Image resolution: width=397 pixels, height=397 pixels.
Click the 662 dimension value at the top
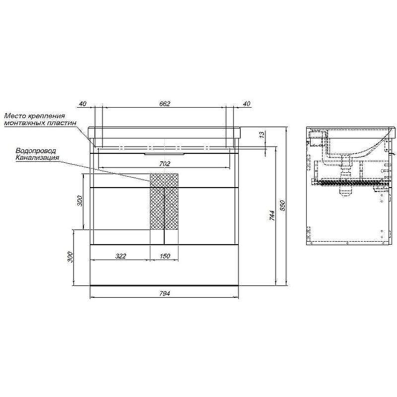[x=165, y=104]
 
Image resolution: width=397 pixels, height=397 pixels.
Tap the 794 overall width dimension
[x=165, y=294]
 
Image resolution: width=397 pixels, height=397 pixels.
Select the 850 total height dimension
[x=282, y=205]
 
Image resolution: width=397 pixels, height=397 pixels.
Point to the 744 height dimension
[x=272, y=215]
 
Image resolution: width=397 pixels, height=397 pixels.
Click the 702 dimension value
[x=165, y=164]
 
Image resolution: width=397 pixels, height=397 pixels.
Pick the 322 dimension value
[x=121, y=256]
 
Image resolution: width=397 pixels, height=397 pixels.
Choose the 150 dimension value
[x=165, y=256]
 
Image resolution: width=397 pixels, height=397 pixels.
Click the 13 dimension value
[x=262, y=134]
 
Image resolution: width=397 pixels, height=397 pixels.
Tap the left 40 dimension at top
[x=83, y=104]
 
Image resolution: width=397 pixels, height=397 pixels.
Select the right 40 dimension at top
[x=246, y=104]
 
